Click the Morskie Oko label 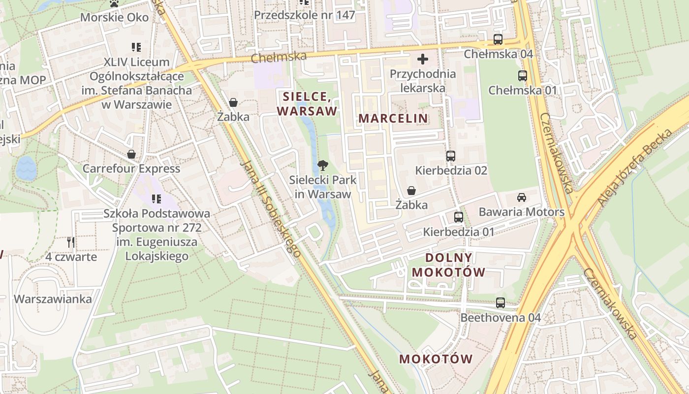point(114,17)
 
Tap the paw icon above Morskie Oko point(114,3)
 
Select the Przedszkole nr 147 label point(304,15)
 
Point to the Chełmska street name point(279,57)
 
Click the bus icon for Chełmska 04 point(498,39)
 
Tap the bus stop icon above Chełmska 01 point(522,76)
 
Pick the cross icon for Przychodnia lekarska point(422,60)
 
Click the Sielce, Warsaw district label point(307,103)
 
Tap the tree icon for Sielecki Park point(322,165)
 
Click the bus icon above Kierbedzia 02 point(451,156)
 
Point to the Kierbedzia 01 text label point(459,231)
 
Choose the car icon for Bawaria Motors point(521,197)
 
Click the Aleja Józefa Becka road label point(635,167)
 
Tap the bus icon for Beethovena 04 point(501,303)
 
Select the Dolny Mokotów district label point(448,265)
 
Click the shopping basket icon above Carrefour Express point(131,154)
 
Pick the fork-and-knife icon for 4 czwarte point(71,242)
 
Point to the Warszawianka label point(53,299)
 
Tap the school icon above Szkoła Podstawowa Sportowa point(156,199)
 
